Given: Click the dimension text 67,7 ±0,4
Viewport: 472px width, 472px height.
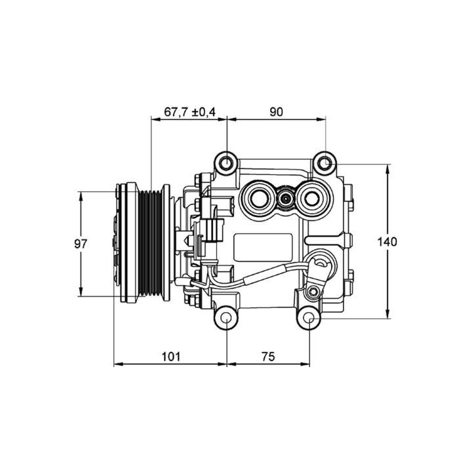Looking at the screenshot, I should click(x=189, y=112).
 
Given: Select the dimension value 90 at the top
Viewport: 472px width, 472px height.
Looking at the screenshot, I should click(x=275, y=112).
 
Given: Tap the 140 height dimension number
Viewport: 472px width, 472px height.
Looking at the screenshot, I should click(x=387, y=242).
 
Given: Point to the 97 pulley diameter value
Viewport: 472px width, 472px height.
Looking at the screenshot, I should click(x=81, y=243).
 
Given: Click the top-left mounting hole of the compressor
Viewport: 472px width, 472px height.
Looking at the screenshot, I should click(x=226, y=162).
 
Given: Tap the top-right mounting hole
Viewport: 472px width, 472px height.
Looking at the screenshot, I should click(x=325, y=162).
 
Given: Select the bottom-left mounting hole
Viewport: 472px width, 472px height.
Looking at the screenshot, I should click(x=226, y=319).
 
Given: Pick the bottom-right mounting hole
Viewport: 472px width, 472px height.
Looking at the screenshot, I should click(x=309, y=319).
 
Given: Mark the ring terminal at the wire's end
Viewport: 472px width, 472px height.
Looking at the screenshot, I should click(x=321, y=265).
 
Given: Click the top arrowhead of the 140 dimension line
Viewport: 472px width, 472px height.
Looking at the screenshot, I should click(x=387, y=168).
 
